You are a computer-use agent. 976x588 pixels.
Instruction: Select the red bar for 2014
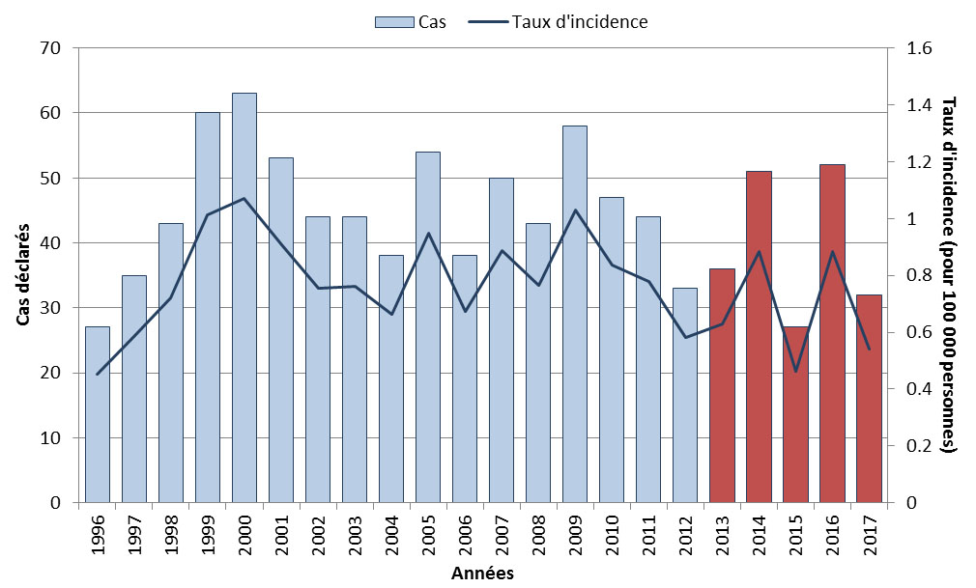coord(759,337)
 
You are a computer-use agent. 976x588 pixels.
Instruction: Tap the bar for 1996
coord(98,415)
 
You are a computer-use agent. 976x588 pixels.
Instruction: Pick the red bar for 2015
coord(795,415)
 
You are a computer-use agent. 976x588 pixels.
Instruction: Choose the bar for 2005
coord(428,327)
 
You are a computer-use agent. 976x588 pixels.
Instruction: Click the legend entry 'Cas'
coord(410,21)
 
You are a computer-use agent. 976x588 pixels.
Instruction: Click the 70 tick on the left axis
coord(51,48)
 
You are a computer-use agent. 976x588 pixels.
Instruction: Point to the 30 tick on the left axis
coord(51,308)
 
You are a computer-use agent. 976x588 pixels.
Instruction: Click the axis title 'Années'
coord(482,574)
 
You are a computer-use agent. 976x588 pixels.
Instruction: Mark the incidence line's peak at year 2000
coord(244,199)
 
